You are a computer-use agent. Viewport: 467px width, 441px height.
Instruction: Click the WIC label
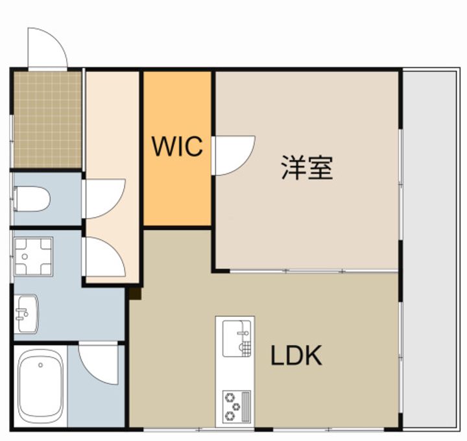[177, 146]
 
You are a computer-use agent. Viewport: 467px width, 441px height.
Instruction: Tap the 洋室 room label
[307, 168]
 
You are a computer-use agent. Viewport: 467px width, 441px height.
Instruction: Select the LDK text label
[296, 355]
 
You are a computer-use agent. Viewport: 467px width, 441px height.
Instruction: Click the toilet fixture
[32, 199]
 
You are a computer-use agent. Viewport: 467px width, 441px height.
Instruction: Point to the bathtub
[41, 386]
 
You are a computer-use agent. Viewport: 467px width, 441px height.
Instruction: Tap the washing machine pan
[33, 257]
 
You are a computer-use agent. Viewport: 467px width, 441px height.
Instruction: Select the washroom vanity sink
[27, 314]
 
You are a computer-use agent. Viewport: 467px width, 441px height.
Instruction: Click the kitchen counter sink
[237, 338]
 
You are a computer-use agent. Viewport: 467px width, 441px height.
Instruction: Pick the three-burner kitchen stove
[237, 407]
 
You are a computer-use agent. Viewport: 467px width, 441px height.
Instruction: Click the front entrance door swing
[47, 47]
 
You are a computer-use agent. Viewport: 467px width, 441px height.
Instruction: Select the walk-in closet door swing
[233, 155]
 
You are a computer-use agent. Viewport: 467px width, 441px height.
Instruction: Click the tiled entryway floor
[47, 120]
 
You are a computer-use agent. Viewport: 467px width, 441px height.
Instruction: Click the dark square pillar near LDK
[135, 294]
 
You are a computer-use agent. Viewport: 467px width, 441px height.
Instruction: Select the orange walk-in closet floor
[177, 149]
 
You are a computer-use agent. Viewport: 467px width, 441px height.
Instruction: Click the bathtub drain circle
[40, 365]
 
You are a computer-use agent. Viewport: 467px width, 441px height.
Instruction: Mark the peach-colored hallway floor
[113, 177]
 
